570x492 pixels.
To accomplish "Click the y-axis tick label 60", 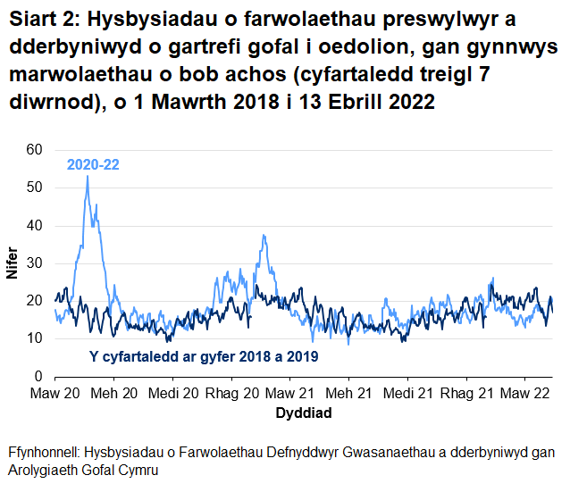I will coord(35,150).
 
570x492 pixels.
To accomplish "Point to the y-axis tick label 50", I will coord(35,188).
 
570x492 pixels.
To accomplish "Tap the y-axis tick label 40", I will coord(35,225).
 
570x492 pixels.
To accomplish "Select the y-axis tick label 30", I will coord(35,263).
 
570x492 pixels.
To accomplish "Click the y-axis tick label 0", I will coord(38,375).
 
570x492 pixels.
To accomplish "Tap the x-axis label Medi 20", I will coord(172,393).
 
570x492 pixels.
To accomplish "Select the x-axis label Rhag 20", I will coord(231,393).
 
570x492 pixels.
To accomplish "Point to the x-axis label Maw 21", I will coord(289,393).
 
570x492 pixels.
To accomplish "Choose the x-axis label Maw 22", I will coord(524,393).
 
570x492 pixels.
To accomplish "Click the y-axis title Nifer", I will coord(12,263).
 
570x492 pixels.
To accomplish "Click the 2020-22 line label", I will coord(94,164).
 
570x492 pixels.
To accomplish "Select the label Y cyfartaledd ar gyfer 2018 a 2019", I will coord(205,356).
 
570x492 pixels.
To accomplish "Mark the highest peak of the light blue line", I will coord(87,177).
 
